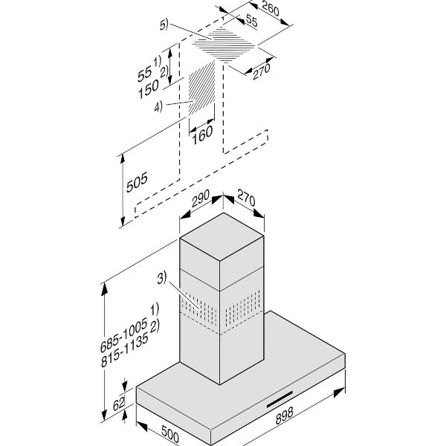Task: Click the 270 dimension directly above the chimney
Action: [245, 200]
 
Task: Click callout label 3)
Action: [164, 281]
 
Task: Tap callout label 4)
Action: [161, 107]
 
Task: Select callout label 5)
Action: [165, 25]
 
